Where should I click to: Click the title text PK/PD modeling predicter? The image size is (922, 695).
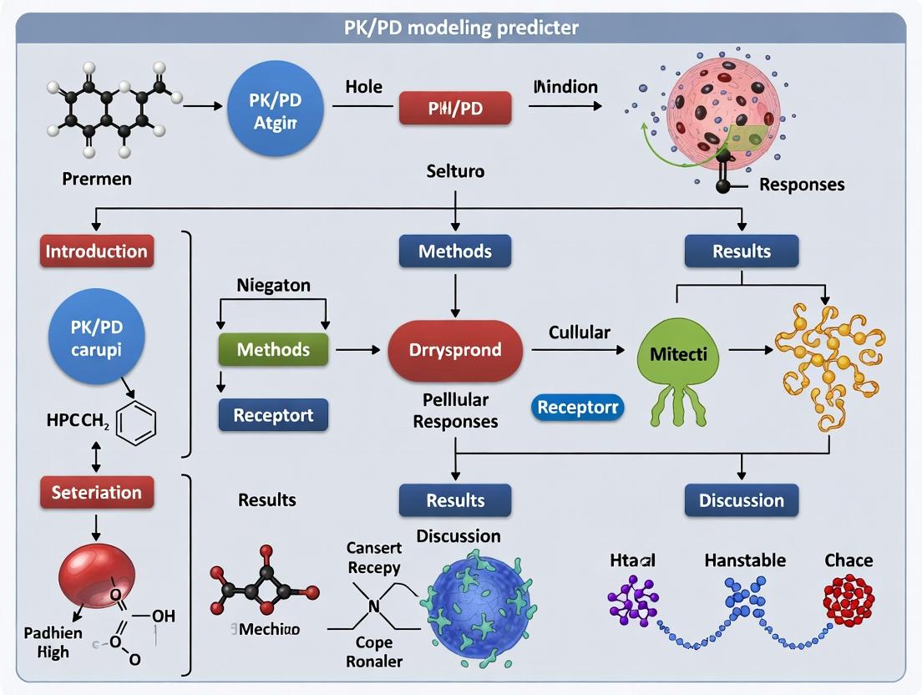pos(461,27)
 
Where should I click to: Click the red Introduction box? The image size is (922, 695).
pos(96,251)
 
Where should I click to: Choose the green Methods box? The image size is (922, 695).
pos(273,349)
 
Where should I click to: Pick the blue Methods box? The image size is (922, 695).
pos(455,251)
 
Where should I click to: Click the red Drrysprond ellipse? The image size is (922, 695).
pos(455,350)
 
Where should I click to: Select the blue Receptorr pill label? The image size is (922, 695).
pos(577,407)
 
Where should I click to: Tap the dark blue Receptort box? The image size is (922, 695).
pos(273,415)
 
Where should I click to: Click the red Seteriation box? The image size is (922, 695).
pos(96,492)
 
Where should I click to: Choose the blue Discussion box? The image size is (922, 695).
pos(742,500)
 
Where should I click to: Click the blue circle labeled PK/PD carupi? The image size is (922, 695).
pos(96,337)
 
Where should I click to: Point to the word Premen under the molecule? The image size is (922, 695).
pos(96,179)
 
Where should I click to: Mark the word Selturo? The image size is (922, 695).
pos(455,171)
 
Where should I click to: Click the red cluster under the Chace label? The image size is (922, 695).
pos(848,601)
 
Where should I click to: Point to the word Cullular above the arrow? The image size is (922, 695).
pos(579,332)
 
